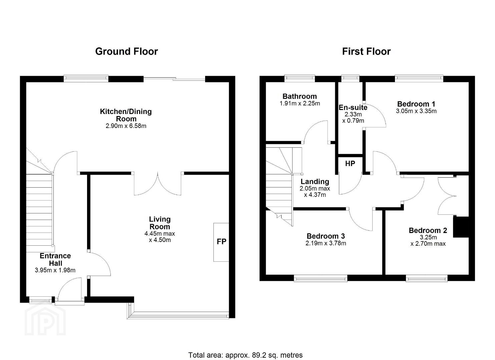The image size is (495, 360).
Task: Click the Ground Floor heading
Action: coord(126,51)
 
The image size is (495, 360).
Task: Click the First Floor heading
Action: coord(366,51)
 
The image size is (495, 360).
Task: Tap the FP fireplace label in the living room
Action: coord(221,242)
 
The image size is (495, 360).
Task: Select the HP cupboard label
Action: coord(350,163)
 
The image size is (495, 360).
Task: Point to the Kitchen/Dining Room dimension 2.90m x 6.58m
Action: coord(126,126)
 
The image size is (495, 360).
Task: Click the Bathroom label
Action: coord(300,96)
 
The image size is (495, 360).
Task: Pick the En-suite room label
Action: coord(353,107)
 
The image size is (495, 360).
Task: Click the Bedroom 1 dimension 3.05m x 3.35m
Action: coord(416,111)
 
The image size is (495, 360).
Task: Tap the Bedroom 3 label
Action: coord(326,236)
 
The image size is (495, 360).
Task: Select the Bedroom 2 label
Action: coord(428,230)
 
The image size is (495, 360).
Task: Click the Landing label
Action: coord(315,182)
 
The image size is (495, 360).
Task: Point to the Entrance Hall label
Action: coord(55,260)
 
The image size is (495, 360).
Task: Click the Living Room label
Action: coord(159,223)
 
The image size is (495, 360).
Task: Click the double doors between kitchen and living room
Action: coord(157,184)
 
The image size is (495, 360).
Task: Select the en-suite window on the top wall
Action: coord(350,78)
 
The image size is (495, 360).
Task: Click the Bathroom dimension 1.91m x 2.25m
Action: coord(300,103)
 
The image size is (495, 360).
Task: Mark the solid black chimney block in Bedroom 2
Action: coord(461,227)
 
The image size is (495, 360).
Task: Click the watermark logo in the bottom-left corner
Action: coord(45,320)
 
